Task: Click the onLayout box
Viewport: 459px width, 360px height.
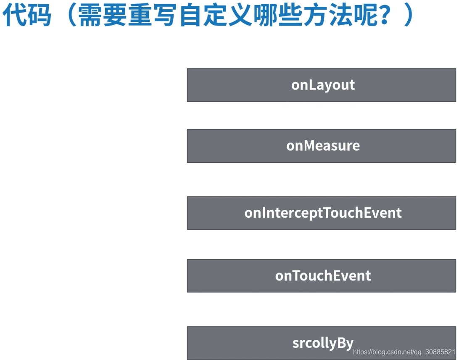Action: pos(321,85)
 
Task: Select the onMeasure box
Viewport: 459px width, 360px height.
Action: pos(321,146)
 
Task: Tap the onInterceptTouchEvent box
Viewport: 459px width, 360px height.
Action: pos(321,213)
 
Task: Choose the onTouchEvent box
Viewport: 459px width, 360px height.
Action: pos(321,275)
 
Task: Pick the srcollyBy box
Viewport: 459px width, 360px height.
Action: pos(321,343)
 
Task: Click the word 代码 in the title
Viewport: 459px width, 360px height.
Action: pos(27,15)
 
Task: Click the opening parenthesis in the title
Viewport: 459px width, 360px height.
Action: pos(67,16)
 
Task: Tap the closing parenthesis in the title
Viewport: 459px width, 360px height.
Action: pos(409,16)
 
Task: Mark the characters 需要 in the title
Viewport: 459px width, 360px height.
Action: pos(101,16)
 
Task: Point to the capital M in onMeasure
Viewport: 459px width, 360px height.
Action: pos(309,146)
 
